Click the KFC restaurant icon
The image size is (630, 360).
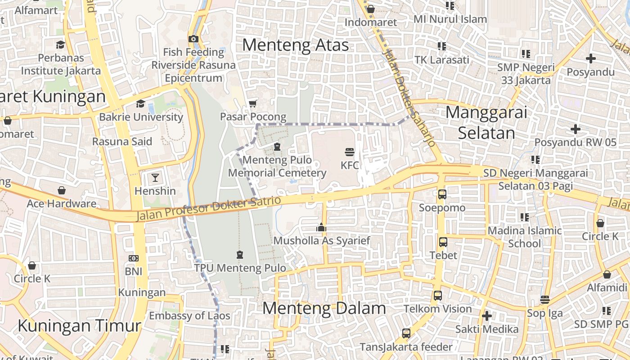[350, 152]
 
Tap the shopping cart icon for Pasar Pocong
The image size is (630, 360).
[253, 103]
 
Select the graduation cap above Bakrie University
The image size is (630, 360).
[141, 103]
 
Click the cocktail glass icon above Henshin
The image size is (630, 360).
[155, 177]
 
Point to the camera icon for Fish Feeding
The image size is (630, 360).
[193, 39]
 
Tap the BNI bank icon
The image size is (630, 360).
[133, 258]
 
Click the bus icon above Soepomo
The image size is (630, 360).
[442, 194]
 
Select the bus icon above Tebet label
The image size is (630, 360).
[443, 242]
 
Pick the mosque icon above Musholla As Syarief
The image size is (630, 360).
[321, 228]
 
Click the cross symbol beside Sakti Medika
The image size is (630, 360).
[486, 316]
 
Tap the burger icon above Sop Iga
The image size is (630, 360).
[545, 300]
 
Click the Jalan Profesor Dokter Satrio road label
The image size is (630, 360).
[209, 209]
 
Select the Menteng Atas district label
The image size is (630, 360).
[296, 45]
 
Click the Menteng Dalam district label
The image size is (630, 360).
[324, 308]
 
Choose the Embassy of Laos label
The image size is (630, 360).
[189, 315]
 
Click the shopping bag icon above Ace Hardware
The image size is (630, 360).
[62, 191]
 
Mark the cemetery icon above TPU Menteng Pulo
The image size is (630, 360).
[240, 255]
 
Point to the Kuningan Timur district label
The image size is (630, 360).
[79, 325]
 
